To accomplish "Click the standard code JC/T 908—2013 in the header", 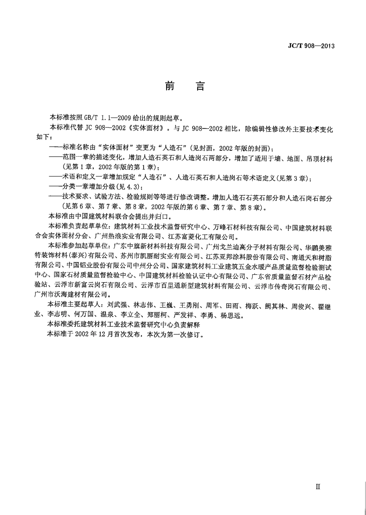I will coord(311,46).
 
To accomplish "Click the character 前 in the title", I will coord(170,86).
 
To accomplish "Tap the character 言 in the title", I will coord(200,86).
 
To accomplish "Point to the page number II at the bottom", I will coord(318,487).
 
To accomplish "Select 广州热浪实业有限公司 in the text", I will coord(132,236).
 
